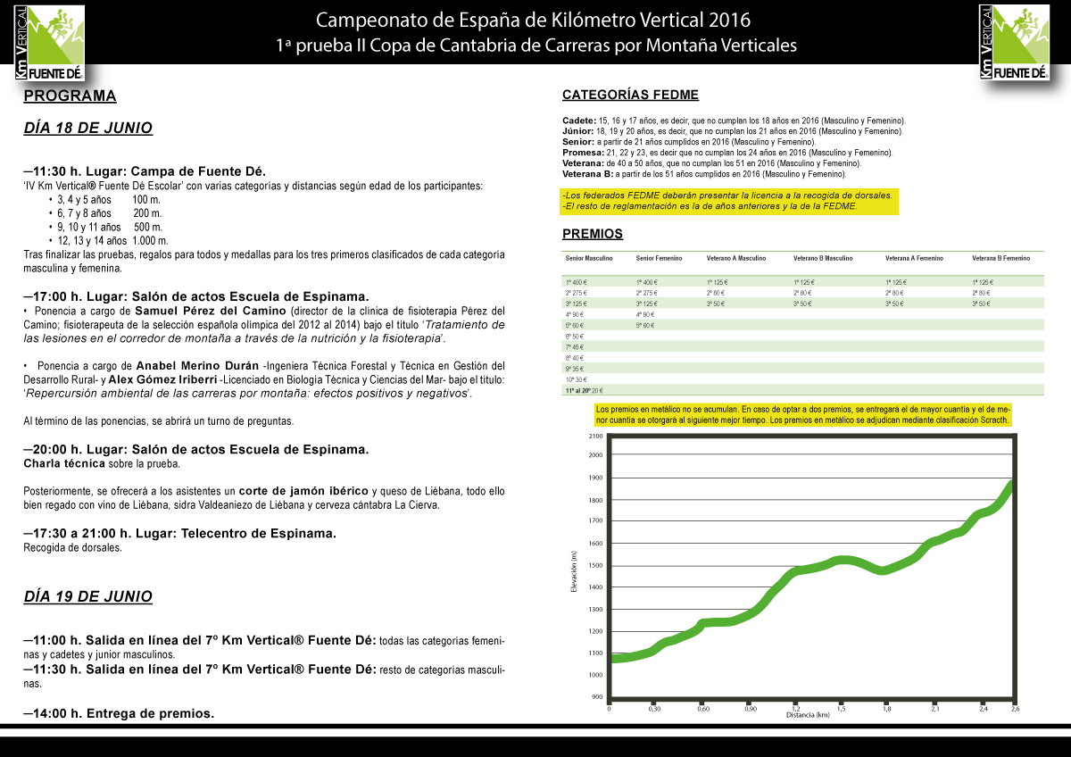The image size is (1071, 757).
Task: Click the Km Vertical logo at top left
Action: click(x=50, y=40)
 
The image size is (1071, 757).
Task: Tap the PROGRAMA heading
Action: click(x=70, y=96)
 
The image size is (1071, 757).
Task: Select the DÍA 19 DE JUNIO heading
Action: click(x=87, y=596)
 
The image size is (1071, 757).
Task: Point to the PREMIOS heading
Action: click(x=593, y=234)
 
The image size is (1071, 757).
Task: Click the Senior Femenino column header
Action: click(x=659, y=258)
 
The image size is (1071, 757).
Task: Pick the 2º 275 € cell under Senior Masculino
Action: click(x=576, y=293)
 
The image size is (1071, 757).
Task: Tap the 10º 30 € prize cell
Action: click(x=576, y=379)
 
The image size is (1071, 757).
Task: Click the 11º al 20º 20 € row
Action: click(x=584, y=390)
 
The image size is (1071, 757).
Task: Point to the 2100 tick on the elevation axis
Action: click(x=595, y=436)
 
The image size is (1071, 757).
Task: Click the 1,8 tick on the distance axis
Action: click(x=886, y=709)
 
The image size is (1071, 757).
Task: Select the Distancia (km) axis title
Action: click(x=809, y=716)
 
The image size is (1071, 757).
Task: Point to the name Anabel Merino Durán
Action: click(x=192, y=366)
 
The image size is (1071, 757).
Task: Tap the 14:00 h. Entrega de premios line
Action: click(x=119, y=713)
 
